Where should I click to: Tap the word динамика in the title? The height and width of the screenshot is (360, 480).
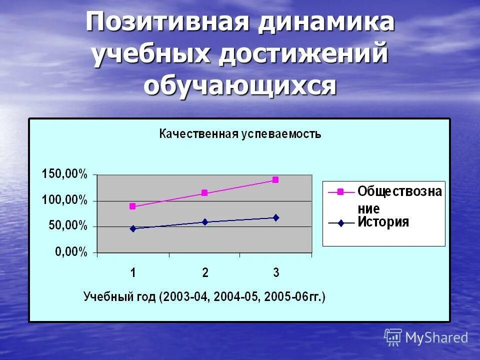(326, 23)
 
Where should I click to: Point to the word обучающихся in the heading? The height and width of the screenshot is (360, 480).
(240, 85)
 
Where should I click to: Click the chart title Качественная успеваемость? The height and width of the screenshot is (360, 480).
(240, 134)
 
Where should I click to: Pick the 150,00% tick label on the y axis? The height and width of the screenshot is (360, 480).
(64, 174)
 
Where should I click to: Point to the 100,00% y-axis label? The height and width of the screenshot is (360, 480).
(64, 200)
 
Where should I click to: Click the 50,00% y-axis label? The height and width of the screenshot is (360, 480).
(67, 226)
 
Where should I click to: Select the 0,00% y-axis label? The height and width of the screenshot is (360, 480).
(70, 252)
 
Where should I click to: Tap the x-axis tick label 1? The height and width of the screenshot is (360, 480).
(133, 273)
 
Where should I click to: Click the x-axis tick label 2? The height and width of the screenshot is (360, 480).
(205, 273)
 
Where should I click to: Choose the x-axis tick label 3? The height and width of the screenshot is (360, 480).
(276, 273)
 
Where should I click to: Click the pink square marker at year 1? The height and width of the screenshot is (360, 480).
(132, 206)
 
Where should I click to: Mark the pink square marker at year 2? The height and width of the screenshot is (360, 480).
(204, 193)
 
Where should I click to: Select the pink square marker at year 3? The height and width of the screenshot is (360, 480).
(275, 180)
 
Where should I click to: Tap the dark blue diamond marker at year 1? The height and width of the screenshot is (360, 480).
(133, 228)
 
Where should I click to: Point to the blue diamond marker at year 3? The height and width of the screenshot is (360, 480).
(276, 217)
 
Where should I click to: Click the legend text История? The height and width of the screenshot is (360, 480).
(383, 222)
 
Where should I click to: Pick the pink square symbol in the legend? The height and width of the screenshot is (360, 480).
(340, 191)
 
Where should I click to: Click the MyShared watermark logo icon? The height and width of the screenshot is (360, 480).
(393, 337)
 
